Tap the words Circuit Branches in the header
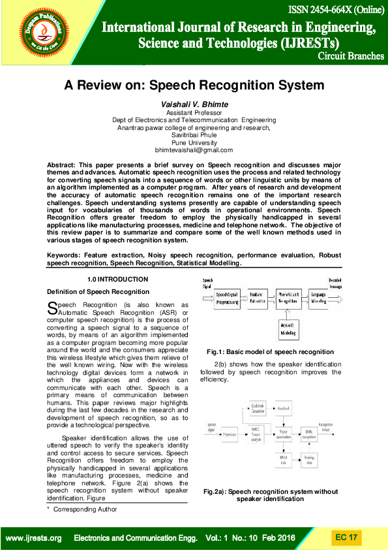coord(350,56)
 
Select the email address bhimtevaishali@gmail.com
coord(194,150)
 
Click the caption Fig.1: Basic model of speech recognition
coord(270,351)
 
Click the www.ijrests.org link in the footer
coord(33,538)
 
